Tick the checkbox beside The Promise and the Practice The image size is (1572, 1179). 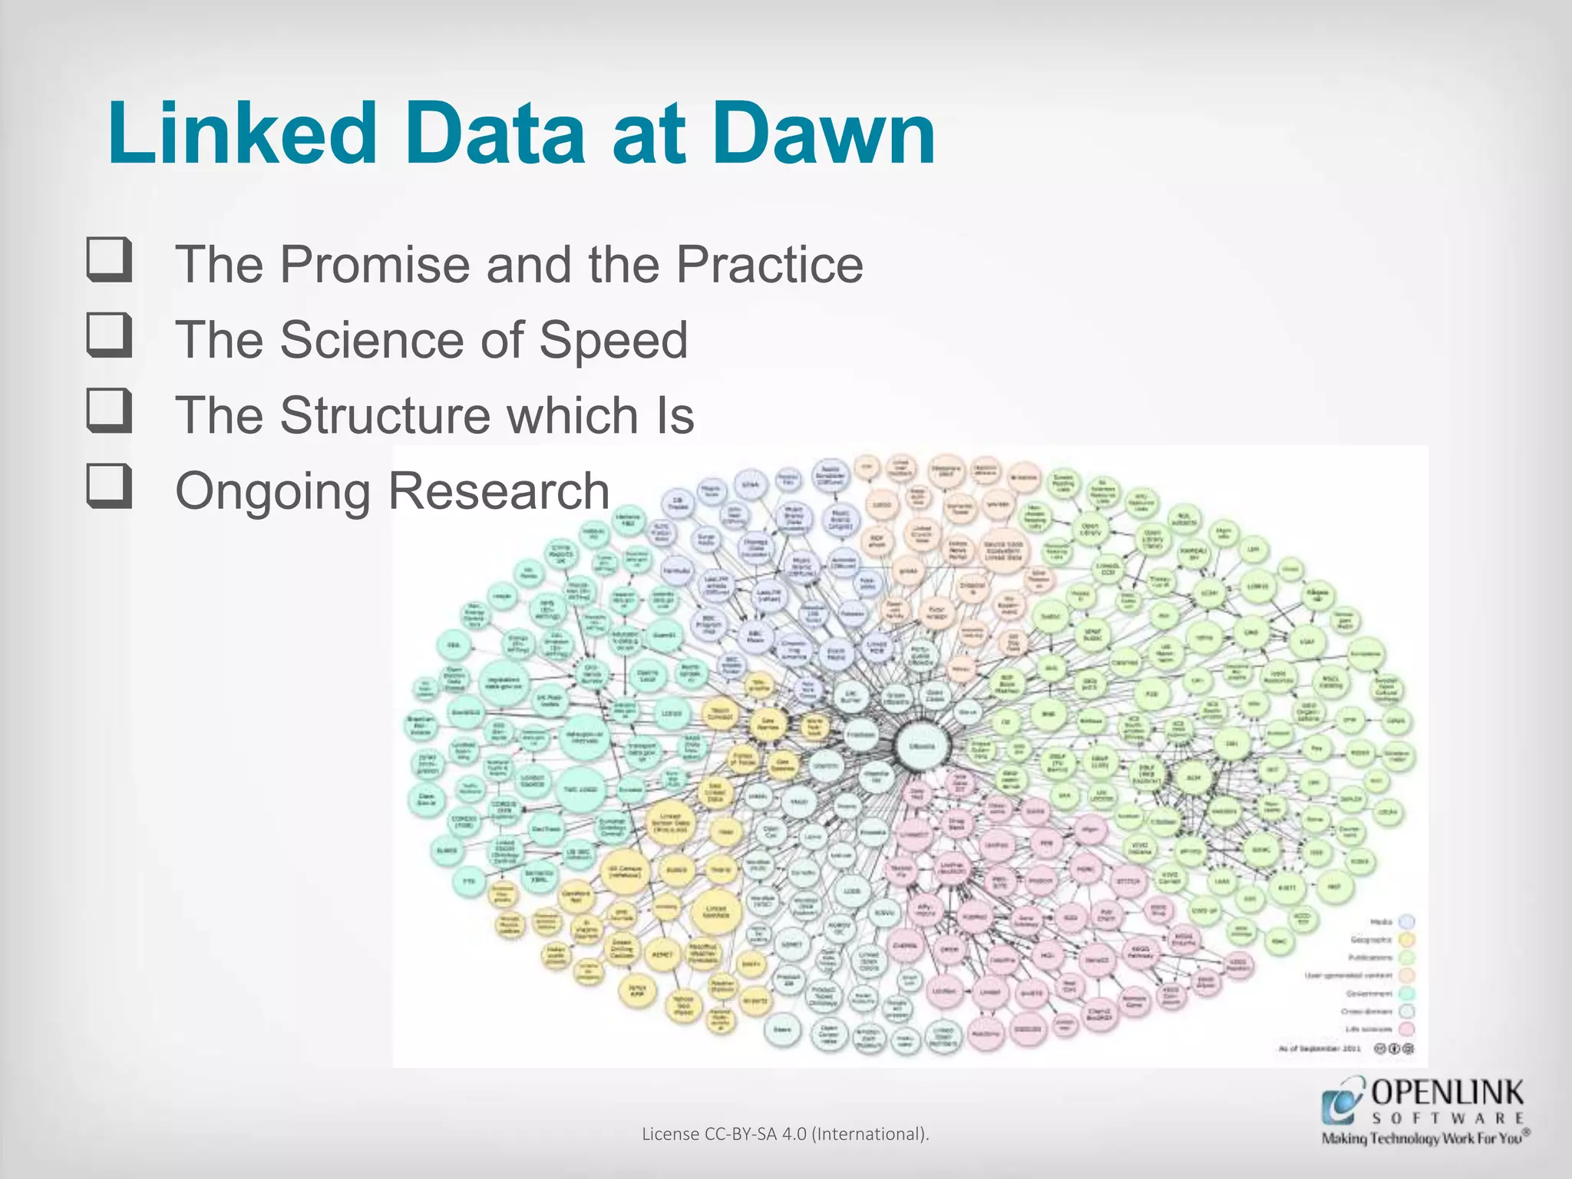[x=109, y=261]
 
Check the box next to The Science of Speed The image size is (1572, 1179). [x=109, y=335]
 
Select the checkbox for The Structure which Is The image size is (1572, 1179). [x=109, y=411]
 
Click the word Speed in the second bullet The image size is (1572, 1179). [x=613, y=340]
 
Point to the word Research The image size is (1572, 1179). [x=499, y=490]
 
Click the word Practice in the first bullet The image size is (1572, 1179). [x=769, y=265]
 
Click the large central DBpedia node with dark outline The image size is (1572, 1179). [x=922, y=745]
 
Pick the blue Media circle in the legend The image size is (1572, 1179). [x=1407, y=922]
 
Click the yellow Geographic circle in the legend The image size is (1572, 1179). [x=1407, y=940]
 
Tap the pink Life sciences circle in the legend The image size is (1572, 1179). [x=1407, y=1029]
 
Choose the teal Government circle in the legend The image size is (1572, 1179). [x=1407, y=994]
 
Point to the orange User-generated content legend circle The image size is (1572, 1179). [x=1407, y=976]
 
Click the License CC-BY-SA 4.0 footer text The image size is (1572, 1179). [x=785, y=1134]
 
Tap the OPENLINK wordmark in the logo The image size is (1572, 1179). [x=1447, y=1091]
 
